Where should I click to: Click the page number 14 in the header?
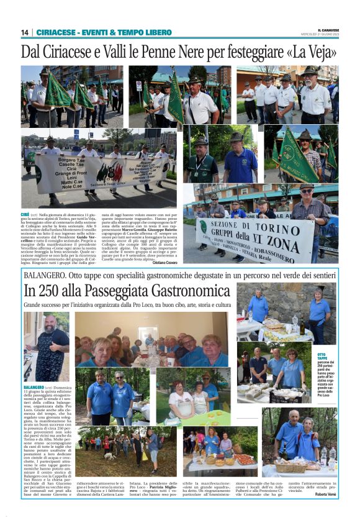pos(25,32)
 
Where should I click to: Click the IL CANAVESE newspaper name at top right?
pos(326,29)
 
